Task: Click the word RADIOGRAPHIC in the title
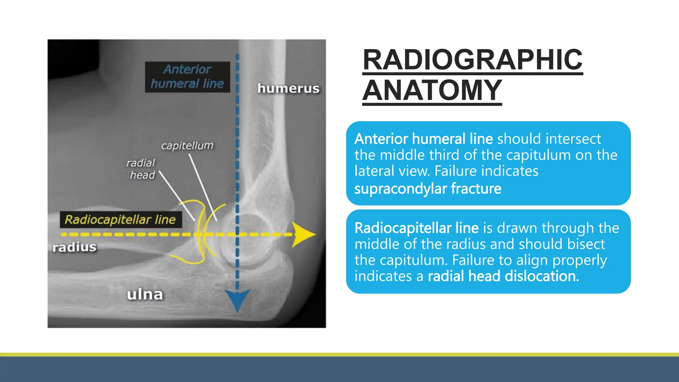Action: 472,60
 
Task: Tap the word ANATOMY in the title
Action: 432,90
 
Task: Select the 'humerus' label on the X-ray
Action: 288,89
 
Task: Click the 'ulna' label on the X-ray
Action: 145,294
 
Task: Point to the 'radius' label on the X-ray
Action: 74,247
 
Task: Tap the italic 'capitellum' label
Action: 187,146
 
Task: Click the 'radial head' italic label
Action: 141,169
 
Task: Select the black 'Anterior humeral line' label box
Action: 187,77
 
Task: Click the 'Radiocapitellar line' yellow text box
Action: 120,220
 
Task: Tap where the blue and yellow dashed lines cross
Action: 237,234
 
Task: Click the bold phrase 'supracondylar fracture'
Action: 428,189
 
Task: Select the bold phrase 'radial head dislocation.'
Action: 503,276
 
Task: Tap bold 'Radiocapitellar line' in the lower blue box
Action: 416,228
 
